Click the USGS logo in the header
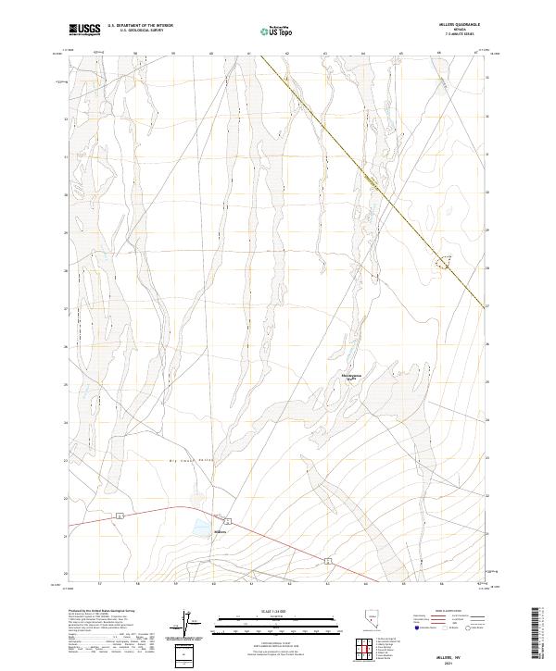(85, 31)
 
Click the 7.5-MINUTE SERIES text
(460, 35)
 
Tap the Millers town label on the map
(221, 532)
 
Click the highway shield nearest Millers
(228, 517)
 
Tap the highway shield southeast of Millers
(327, 560)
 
